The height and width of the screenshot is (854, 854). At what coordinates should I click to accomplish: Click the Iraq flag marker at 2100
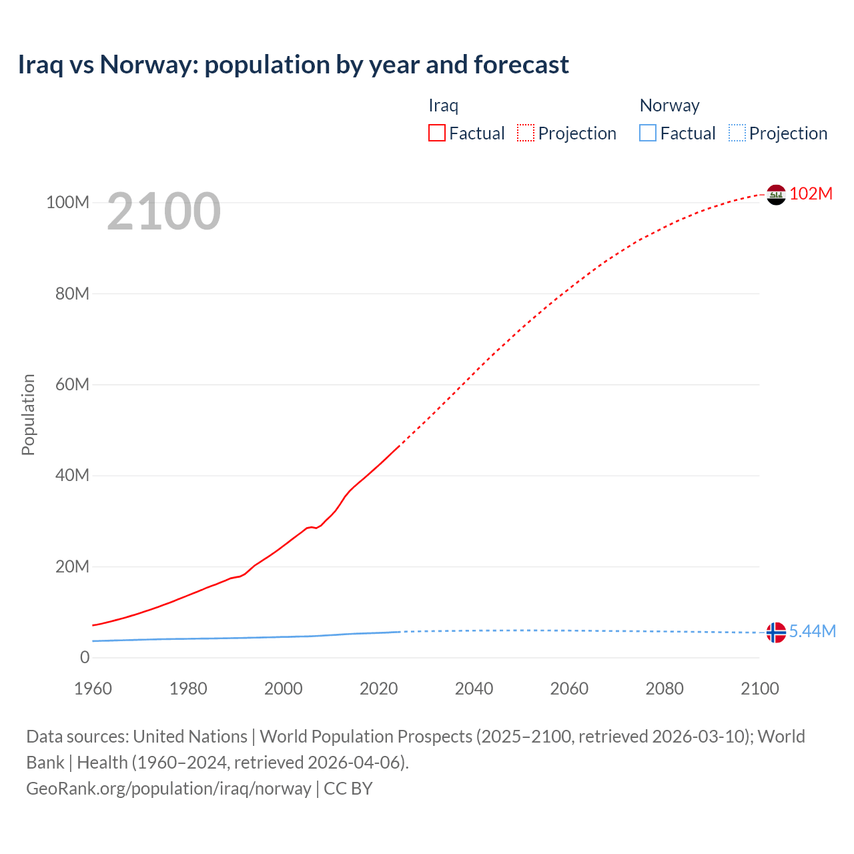(776, 195)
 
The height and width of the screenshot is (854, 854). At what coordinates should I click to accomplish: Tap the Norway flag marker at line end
(776, 632)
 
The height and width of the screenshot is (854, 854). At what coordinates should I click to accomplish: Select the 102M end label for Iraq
(811, 193)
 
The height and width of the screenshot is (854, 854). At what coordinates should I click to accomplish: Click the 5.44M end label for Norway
(812, 631)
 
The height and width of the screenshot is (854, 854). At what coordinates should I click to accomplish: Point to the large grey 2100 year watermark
(163, 211)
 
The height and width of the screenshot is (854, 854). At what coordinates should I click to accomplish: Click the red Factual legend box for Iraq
(437, 133)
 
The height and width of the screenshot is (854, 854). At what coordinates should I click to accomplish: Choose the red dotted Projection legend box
(526, 133)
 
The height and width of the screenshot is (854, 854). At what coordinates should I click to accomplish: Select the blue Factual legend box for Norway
(648, 133)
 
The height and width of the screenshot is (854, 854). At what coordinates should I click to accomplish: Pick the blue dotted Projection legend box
(737, 133)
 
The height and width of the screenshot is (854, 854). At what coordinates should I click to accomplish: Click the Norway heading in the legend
(669, 105)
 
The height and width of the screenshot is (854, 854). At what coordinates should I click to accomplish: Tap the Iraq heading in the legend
(443, 105)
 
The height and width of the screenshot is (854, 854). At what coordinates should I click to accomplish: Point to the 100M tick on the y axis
(67, 202)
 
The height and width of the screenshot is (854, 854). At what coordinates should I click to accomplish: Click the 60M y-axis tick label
(71, 384)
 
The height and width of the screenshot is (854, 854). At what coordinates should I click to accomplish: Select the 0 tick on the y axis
(85, 657)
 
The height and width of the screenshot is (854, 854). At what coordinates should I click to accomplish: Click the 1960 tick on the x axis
(93, 689)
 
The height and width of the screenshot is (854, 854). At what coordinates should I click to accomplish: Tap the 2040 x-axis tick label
(474, 689)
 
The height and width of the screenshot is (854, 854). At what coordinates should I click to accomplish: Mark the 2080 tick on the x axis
(665, 689)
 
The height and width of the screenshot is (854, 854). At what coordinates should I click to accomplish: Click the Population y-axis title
(28, 414)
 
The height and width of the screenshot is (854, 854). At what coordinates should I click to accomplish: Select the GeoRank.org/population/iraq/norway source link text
(169, 788)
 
